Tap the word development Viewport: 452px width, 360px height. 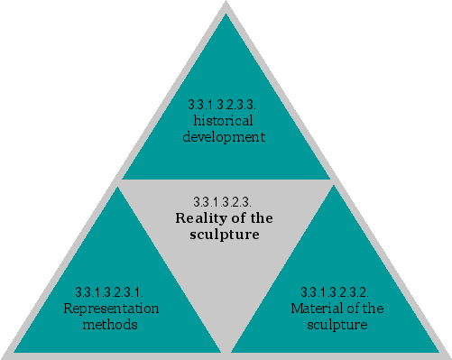click(224, 137)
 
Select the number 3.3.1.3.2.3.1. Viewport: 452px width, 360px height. click(109, 292)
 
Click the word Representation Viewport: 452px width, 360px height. click(111, 309)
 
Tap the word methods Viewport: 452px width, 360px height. click(111, 324)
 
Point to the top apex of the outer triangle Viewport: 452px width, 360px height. click(226, 5)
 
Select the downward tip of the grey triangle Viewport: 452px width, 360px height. click(226, 350)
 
